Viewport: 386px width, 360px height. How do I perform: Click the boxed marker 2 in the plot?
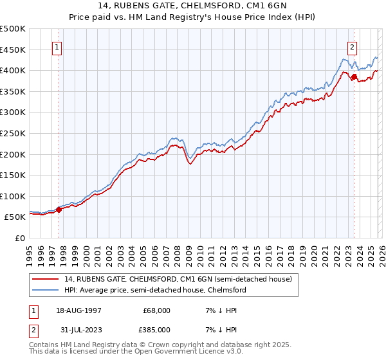coord(353,46)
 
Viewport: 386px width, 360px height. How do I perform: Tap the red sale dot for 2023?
coord(354,76)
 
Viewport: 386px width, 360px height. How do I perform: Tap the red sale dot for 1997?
coord(59,209)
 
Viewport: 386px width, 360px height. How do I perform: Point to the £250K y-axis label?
coord(13,133)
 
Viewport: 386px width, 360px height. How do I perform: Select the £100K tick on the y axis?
coord(13,196)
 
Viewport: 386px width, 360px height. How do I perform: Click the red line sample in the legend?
coord(46,279)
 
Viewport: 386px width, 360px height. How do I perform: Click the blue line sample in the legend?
coord(46,290)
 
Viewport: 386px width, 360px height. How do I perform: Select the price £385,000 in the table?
coord(156,332)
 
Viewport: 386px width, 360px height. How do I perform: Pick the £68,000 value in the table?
coord(156,310)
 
